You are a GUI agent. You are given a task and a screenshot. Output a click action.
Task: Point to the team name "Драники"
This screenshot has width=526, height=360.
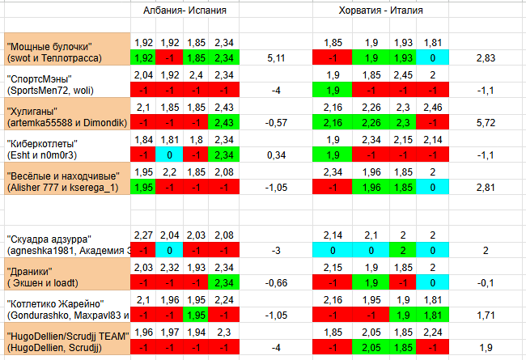tap(29, 271)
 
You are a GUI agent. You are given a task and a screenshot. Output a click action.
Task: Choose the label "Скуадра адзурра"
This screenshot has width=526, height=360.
tap(49, 239)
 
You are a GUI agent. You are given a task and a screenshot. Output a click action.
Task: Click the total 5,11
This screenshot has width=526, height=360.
tap(276, 58)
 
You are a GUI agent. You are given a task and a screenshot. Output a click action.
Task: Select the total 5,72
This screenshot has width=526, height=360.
tap(486, 123)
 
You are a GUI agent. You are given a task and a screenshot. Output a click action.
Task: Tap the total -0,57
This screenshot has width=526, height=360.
tap(276, 123)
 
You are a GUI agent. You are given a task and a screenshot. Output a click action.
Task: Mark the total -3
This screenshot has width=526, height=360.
tap(276, 251)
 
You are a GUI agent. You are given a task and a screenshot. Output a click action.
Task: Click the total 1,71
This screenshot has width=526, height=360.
tap(486, 315)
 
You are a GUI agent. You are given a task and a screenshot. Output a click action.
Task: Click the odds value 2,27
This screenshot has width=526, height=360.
tap(143, 236)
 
